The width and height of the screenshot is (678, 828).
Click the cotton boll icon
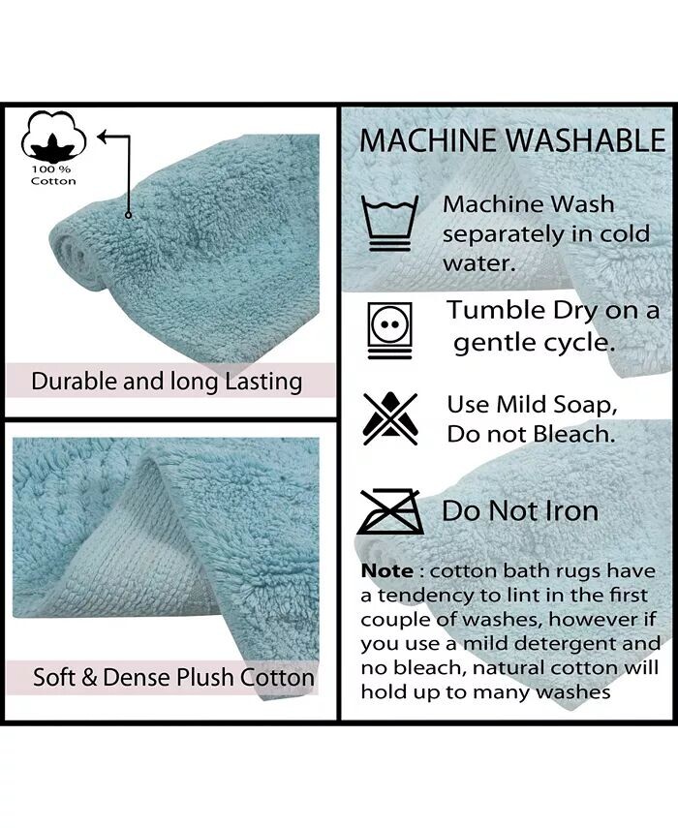(x=53, y=137)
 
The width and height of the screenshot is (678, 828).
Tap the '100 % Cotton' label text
(x=53, y=175)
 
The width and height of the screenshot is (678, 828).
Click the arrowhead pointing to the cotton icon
(x=103, y=137)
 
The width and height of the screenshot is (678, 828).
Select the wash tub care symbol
(x=389, y=223)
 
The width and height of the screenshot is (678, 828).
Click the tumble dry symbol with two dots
(x=390, y=331)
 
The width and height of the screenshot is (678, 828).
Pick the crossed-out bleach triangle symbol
(x=390, y=418)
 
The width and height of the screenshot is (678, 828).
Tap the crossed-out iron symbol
(x=389, y=511)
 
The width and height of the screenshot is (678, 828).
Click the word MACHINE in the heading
(x=428, y=140)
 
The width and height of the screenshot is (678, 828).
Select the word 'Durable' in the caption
(x=75, y=382)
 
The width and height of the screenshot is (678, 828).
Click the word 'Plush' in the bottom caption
(x=205, y=678)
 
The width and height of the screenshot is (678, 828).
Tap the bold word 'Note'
(x=387, y=571)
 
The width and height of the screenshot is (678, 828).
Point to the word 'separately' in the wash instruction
(x=504, y=235)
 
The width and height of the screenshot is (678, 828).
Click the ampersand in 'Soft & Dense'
(x=89, y=678)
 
